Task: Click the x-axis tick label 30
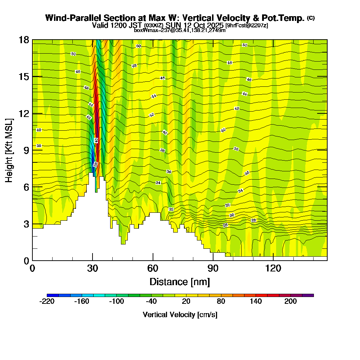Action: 93,268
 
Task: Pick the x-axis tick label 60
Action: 153,268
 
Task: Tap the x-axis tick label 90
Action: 213,268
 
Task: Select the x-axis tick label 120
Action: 273,268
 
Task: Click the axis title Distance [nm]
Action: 180,282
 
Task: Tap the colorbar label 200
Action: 291,302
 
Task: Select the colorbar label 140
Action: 256,302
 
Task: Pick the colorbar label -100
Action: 116,302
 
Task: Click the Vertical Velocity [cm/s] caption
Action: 180,315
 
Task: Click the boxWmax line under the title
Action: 180,30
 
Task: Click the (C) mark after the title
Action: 311,18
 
